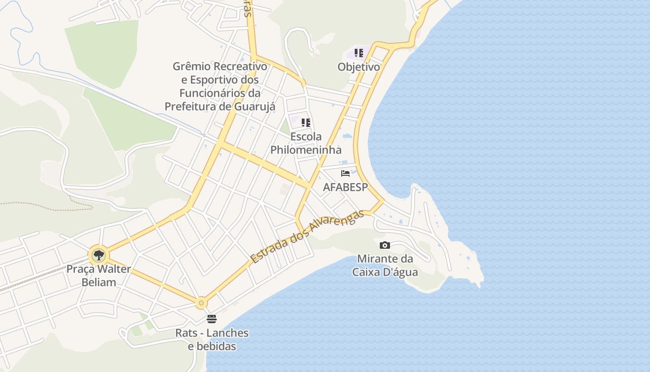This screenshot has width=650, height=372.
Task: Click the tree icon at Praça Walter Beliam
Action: pyautogui.click(x=98, y=255)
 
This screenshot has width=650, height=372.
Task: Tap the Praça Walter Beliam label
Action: pyautogui.click(x=98, y=275)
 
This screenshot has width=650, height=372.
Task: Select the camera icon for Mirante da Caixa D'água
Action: pyautogui.click(x=384, y=245)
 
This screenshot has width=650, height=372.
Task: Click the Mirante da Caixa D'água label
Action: pyautogui.click(x=385, y=266)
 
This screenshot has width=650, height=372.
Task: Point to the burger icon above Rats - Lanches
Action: pyautogui.click(x=212, y=319)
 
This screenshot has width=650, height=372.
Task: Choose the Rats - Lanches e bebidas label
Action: pyautogui.click(x=212, y=339)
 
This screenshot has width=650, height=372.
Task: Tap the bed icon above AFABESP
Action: pyautogui.click(x=345, y=173)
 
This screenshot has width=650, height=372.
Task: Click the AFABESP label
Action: pyautogui.click(x=345, y=187)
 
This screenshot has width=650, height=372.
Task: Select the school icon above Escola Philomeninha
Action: pyautogui.click(x=305, y=123)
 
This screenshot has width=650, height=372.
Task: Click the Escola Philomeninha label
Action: pyautogui.click(x=305, y=143)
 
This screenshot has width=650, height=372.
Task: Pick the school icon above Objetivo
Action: pyautogui.click(x=358, y=53)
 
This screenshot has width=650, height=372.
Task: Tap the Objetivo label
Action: pyautogui.click(x=358, y=66)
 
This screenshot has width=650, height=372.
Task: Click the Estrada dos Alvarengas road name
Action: pyautogui.click(x=306, y=237)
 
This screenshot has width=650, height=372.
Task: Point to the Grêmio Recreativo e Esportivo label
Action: pyautogui.click(x=220, y=86)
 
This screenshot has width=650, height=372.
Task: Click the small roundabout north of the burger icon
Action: pyautogui.click(x=201, y=303)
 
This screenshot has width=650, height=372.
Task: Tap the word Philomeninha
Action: pyautogui.click(x=305, y=150)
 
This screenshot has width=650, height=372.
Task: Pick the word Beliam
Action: pyautogui.click(x=98, y=282)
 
